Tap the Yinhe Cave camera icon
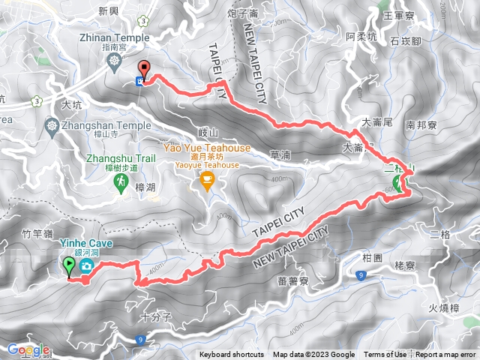coord(87,267)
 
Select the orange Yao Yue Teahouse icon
coord(207,180)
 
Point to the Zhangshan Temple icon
coord(52,125)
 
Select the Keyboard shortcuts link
coord(232,355)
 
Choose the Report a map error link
coord(447,355)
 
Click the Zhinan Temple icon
coord(114,60)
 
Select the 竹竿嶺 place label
coord(37,234)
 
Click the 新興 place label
coord(109,11)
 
